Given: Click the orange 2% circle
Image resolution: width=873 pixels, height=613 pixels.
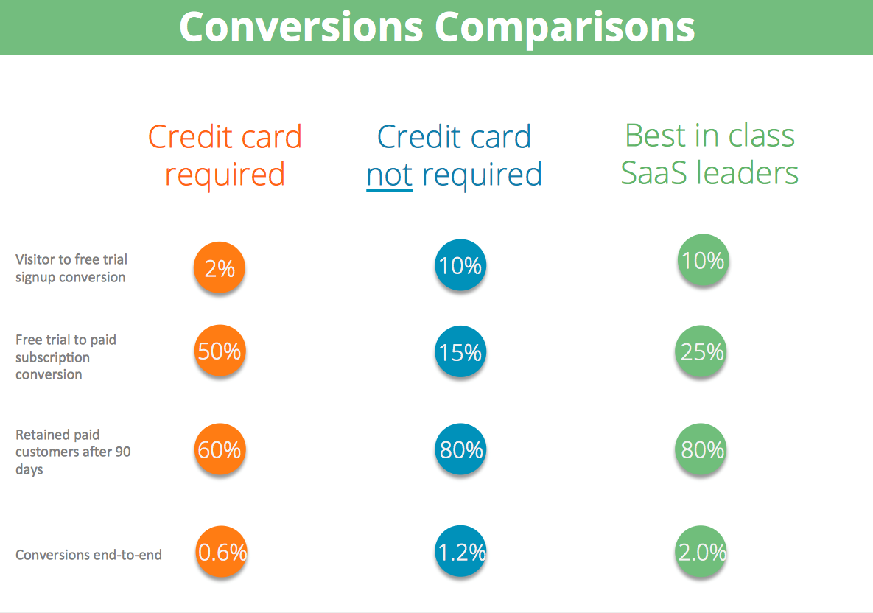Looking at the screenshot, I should (x=220, y=268).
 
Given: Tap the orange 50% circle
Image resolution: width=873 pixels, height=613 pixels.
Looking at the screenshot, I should (x=220, y=352).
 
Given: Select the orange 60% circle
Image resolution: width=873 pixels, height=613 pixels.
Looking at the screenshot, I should (x=220, y=449).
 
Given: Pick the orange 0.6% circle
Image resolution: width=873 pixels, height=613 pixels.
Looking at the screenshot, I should (x=222, y=553).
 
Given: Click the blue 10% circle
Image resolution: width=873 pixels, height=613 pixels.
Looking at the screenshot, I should (x=460, y=265).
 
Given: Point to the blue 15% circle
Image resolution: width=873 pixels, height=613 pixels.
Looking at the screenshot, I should (x=460, y=353).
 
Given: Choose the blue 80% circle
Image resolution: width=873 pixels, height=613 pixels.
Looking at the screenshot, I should (x=460, y=449).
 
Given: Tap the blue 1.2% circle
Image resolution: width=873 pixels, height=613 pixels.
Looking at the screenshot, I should (x=460, y=553).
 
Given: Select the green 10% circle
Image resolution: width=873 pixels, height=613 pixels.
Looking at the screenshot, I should (x=703, y=260).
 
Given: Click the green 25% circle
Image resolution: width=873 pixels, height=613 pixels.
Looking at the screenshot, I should (x=702, y=353).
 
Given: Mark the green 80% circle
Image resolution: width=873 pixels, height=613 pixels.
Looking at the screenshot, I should (x=702, y=449).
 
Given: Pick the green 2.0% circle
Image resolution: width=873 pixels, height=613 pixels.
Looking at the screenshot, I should (x=702, y=553).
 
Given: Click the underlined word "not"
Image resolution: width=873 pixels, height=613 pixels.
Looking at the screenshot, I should (x=389, y=175).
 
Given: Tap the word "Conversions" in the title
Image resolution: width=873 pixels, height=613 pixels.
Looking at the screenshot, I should (x=301, y=27).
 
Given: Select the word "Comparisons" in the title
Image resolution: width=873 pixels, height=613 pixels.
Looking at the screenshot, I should (x=564, y=27).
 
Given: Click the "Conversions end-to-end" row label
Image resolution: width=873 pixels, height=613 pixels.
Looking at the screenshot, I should (x=88, y=555).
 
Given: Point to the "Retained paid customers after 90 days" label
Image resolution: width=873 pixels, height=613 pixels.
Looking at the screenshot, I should (x=73, y=452).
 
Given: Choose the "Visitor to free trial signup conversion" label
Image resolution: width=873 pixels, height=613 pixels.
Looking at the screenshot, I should (x=71, y=268).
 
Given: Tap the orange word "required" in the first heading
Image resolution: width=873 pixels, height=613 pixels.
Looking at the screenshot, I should (x=225, y=175).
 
